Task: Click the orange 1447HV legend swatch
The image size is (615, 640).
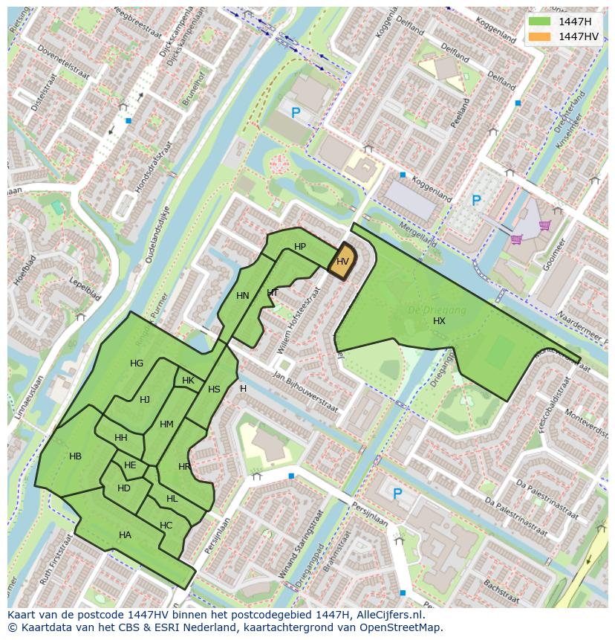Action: tap(539, 36)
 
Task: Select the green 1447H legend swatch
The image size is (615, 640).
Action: tap(539, 22)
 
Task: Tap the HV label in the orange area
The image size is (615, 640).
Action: tap(342, 262)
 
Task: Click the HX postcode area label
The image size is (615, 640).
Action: tap(439, 320)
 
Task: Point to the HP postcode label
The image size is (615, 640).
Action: tap(300, 247)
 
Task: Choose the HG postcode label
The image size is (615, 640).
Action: tap(137, 363)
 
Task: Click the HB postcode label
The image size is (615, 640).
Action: tap(75, 456)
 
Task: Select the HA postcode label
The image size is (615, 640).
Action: tap(125, 534)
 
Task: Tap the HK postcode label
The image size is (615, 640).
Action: tap(188, 381)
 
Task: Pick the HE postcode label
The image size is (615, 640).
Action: tap(130, 465)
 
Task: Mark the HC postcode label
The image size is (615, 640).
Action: tap(166, 526)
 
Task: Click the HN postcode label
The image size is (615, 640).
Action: tap(243, 296)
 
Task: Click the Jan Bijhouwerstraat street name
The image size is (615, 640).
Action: tap(305, 392)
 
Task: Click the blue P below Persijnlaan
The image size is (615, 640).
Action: tap(397, 493)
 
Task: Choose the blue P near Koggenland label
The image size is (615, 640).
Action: tap(476, 200)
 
